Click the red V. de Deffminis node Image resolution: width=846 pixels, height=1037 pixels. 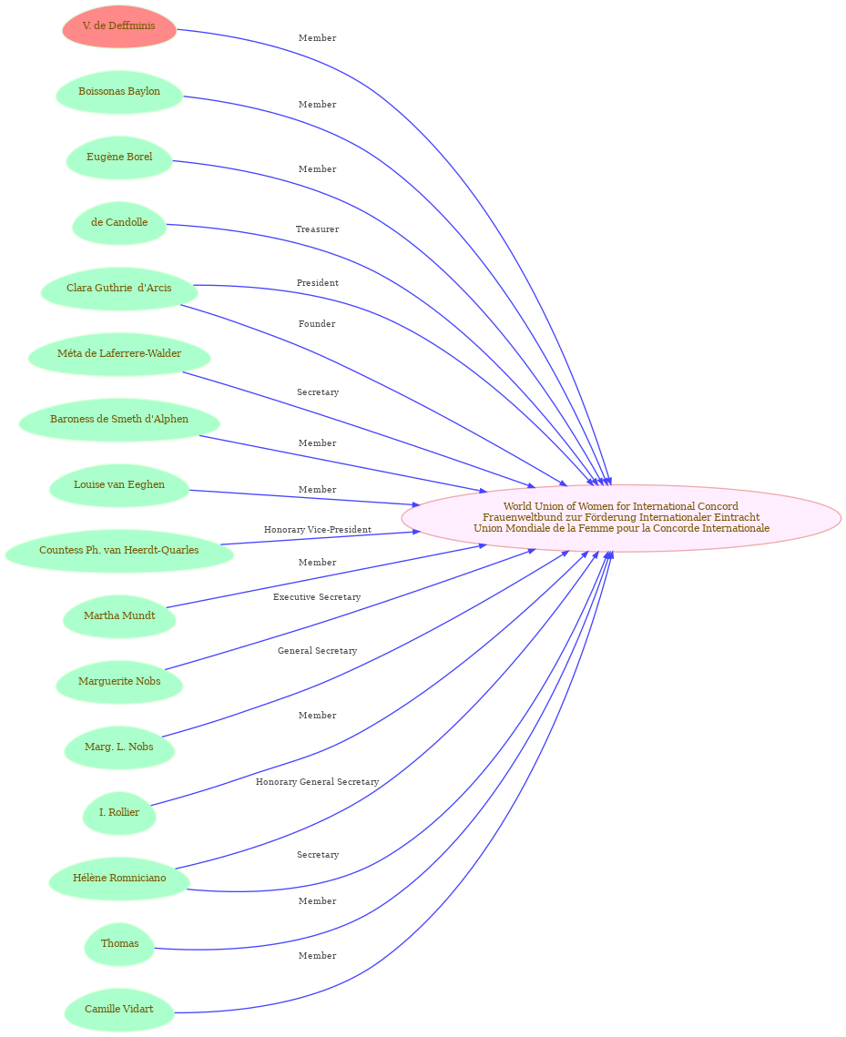click(x=119, y=26)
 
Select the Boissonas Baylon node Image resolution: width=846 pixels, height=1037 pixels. click(x=119, y=92)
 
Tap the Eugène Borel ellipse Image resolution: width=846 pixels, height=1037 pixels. click(x=119, y=158)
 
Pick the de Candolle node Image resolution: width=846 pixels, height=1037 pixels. click(x=119, y=223)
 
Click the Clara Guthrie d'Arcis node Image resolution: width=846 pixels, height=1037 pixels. click(x=119, y=289)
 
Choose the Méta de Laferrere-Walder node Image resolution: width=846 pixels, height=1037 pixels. click(x=119, y=354)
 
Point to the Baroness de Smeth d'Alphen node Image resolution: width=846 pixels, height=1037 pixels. click(x=119, y=420)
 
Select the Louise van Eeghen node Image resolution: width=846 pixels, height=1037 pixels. click(x=119, y=484)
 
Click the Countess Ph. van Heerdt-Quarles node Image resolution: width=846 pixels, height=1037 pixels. click(x=119, y=550)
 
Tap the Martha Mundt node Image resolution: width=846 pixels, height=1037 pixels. click(x=119, y=615)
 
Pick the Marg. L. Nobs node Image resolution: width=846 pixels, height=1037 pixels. click(x=119, y=747)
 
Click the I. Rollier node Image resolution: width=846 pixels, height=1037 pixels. click(x=119, y=812)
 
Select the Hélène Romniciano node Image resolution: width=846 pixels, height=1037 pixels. click(x=119, y=878)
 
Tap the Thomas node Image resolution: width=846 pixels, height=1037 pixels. click(x=119, y=943)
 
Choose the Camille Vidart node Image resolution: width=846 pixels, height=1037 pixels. click(x=119, y=1009)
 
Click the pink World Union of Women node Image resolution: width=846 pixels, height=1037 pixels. click(x=621, y=518)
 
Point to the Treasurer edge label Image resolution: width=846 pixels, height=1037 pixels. click(x=318, y=229)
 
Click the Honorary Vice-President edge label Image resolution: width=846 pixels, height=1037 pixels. click(x=318, y=530)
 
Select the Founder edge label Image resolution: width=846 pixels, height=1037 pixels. click(x=317, y=324)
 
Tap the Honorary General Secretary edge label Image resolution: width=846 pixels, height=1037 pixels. click(x=318, y=782)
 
